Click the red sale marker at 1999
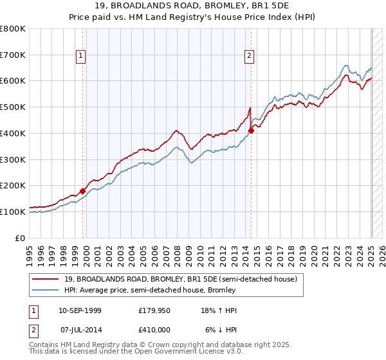(x=83, y=191)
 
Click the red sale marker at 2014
(x=251, y=130)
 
